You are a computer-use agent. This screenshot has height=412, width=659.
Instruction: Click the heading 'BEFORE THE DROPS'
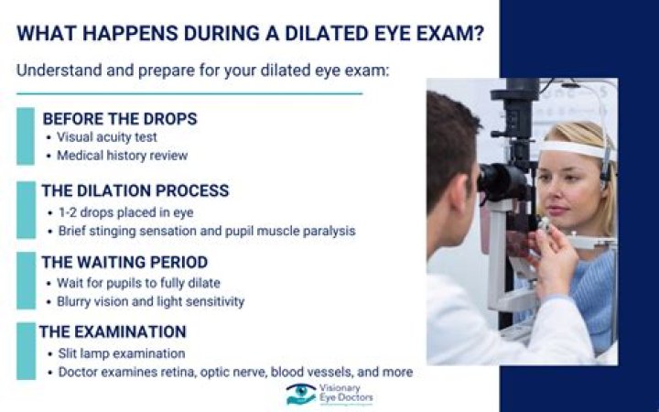coord(119,119)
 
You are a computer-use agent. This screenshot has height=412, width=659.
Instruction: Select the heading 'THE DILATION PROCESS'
coord(135,190)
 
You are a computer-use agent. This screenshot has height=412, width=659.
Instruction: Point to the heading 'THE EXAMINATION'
coord(114,331)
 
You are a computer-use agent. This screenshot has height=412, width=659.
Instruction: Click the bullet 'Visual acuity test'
coord(107,137)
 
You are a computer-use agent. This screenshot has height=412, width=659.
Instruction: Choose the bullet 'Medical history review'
coord(122,156)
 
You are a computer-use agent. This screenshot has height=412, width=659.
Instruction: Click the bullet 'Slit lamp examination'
coord(120,352)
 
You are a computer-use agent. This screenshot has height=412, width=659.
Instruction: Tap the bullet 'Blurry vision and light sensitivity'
coord(150,300)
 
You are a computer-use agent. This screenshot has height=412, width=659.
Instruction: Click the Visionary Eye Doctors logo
coord(329,395)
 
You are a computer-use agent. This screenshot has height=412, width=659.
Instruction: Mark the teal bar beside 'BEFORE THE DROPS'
coord(25,136)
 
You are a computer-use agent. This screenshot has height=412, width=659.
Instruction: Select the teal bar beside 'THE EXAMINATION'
coord(25,351)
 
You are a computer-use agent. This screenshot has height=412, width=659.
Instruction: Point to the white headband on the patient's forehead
coord(572,147)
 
